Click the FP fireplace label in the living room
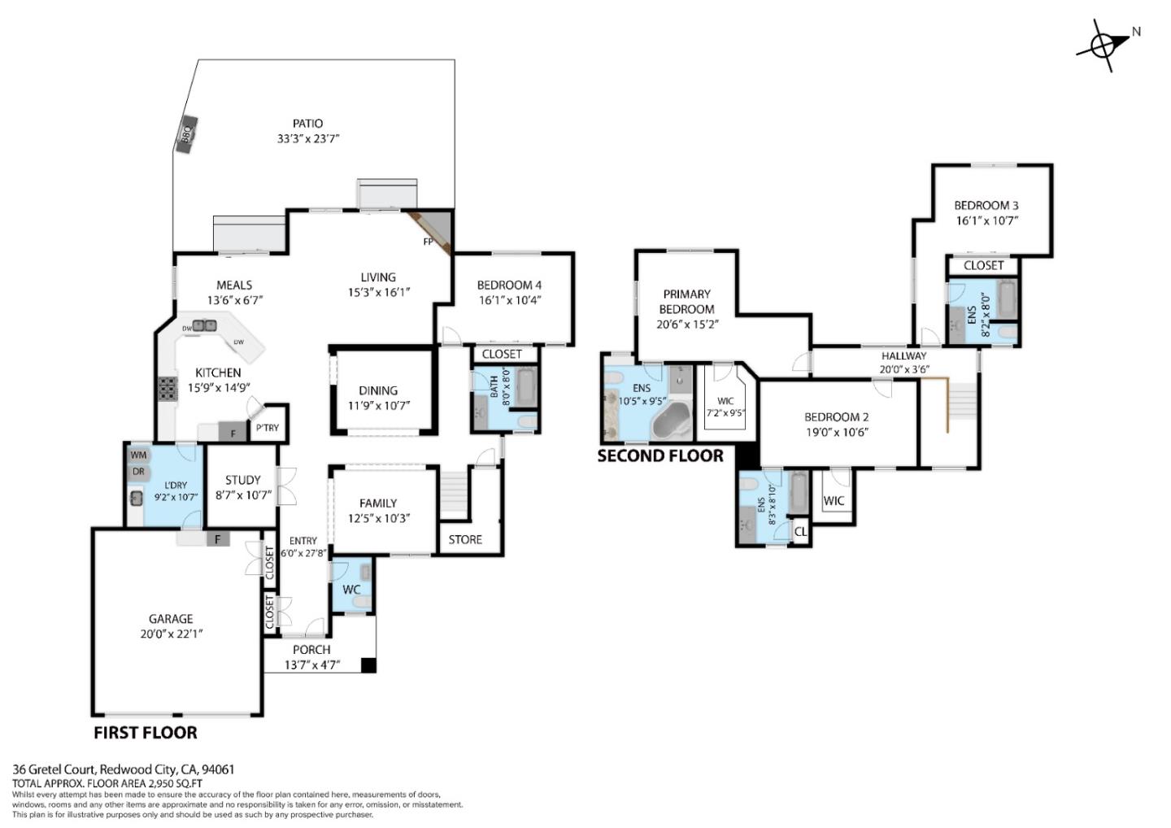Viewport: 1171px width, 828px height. pos(428,242)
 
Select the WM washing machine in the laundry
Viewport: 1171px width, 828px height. pos(138,455)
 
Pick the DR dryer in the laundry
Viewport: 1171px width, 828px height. pos(138,472)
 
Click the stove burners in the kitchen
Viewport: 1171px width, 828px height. pos(168,389)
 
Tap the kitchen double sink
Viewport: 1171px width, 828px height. pos(204,326)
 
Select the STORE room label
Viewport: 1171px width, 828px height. pos(465,539)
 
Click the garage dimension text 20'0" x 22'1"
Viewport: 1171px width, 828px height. pos(171,634)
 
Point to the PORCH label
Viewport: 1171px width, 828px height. pos(311,649)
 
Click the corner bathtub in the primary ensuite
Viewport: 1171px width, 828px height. pos(671,423)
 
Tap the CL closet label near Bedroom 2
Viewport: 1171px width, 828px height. pos(800,531)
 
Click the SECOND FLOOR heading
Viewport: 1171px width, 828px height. pos(660,456)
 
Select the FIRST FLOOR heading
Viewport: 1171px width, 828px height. pos(146,733)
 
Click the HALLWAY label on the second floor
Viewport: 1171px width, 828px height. pos(903,355)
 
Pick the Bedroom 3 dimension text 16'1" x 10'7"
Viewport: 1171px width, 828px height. pos(986,220)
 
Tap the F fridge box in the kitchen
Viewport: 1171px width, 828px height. pos(233,433)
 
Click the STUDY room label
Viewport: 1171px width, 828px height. pos(243,480)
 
